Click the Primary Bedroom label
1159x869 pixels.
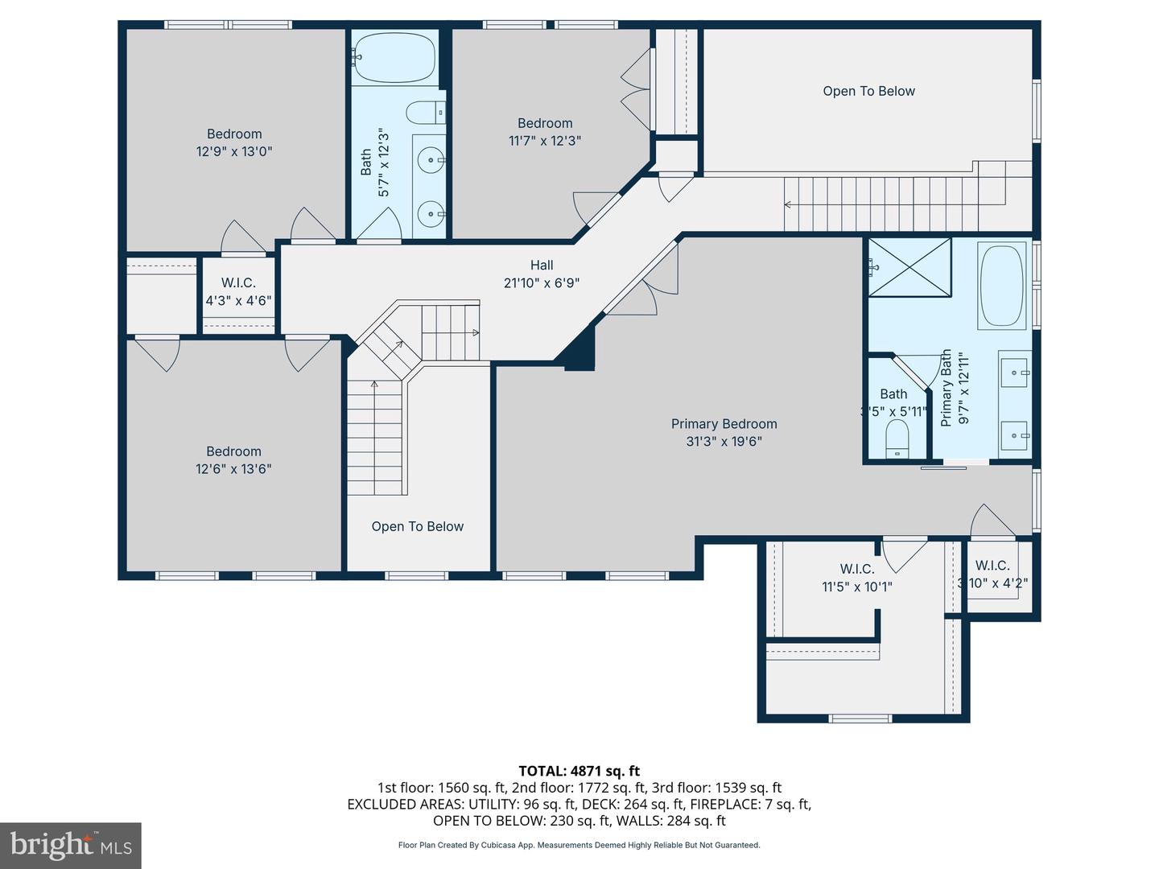(x=724, y=424)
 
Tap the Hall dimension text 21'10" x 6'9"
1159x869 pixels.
(x=541, y=283)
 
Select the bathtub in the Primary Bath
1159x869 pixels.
(x=1001, y=286)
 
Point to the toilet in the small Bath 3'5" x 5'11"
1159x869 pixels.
(x=897, y=441)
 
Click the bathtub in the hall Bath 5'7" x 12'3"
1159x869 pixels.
(x=394, y=56)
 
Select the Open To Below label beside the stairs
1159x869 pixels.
(x=417, y=527)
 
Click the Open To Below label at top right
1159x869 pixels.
(x=868, y=91)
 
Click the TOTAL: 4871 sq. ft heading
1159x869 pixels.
(x=579, y=771)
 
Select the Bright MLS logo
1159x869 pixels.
(x=71, y=845)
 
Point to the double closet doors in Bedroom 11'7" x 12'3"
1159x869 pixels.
(x=636, y=89)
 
